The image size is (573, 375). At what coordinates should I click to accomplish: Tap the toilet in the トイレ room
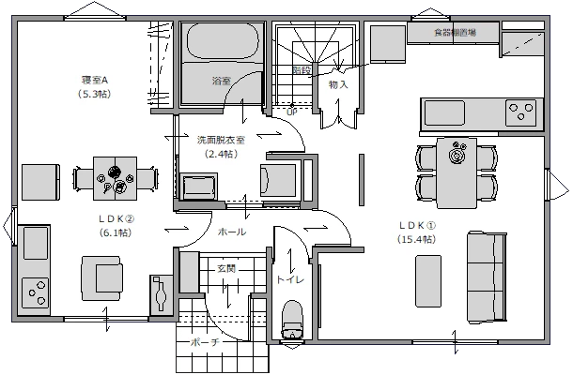pos(292,317)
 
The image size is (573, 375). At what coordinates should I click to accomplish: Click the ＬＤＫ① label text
pos(417,226)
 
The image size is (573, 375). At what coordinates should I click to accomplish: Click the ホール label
pos(231,232)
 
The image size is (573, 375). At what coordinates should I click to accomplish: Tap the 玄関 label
pos(226,269)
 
